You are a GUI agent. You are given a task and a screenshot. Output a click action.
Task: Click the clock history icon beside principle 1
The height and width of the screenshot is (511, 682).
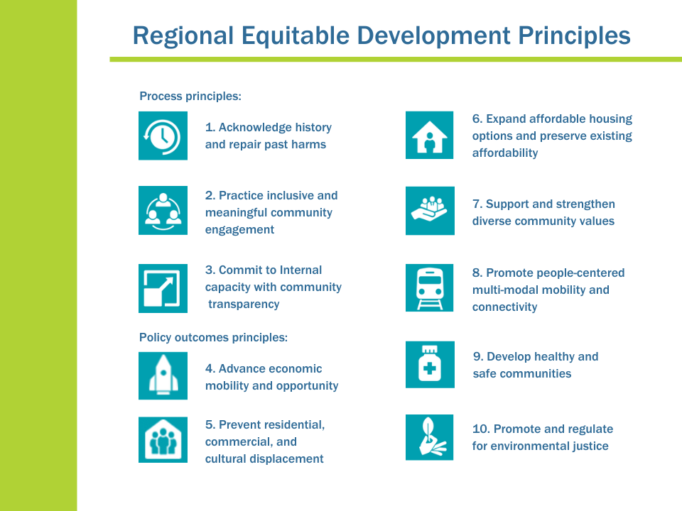pyautogui.click(x=163, y=136)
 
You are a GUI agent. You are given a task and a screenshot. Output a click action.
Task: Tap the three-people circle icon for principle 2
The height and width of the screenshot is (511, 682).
pyautogui.click(x=163, y=210)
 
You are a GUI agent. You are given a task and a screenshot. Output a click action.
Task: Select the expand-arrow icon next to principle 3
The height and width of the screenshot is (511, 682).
pyautogui.click(x=163, y=288)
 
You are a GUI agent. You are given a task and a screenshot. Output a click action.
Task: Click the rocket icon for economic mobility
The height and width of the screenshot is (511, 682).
pyautogui.click(x=163, y=375)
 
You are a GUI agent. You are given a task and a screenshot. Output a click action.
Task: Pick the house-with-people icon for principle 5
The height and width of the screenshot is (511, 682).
pyautogui.click(x=163, y=440)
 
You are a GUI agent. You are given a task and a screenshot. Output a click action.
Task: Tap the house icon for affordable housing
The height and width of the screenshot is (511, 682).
pyautogui.click(x=429, y=135)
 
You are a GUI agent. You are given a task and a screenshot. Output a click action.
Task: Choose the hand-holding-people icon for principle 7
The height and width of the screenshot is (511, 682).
pyautogui.click(x=429, y=211)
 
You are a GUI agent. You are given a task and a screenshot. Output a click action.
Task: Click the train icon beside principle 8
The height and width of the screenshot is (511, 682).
pyautogui.click(x=429, y=287)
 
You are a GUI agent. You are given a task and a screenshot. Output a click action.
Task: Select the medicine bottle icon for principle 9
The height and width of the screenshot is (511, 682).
pyautogui.click(x=429, y=365)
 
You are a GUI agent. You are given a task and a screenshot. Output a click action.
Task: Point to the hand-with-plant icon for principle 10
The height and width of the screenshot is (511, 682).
pyautogui.click(x=429, y=437)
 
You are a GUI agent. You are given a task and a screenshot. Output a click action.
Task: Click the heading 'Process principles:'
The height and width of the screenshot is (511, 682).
pyautogui.click(x=190, y=96)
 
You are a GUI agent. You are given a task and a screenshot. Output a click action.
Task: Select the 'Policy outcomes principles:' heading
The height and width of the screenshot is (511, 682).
pyautogui.click(x=213, y=337)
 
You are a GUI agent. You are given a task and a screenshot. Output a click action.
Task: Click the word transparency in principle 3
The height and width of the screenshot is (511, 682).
pyautogui.click(x=244, y=304)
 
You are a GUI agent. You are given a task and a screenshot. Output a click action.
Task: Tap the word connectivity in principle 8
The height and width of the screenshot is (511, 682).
pyautogui.click(x=504, y=307)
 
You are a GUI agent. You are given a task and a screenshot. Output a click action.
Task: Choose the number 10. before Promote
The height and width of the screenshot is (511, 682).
pyautogui.click(x=481, y=429)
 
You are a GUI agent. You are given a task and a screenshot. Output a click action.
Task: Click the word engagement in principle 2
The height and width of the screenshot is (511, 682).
pyautogui.click(x=239, y=229)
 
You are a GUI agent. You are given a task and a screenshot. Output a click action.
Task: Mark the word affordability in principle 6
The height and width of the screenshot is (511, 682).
pyautogui.click(x=505, y=153)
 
